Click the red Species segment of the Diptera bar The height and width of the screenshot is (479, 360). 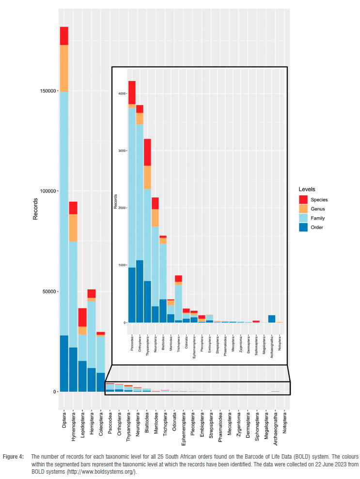click(x=64, y=35)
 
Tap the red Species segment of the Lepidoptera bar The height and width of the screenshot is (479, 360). click(x=82, y=317)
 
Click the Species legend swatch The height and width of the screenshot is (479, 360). click(x=303, y=199)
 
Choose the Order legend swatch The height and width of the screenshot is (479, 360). click(x=303, y=227)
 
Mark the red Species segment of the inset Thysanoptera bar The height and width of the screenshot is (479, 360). click(x=148, y=152)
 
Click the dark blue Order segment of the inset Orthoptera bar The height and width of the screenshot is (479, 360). click(x=140, y=291)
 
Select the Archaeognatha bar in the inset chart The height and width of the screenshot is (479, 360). click(x=272, y=319)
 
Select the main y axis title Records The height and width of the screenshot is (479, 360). click(x=35, y=208)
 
